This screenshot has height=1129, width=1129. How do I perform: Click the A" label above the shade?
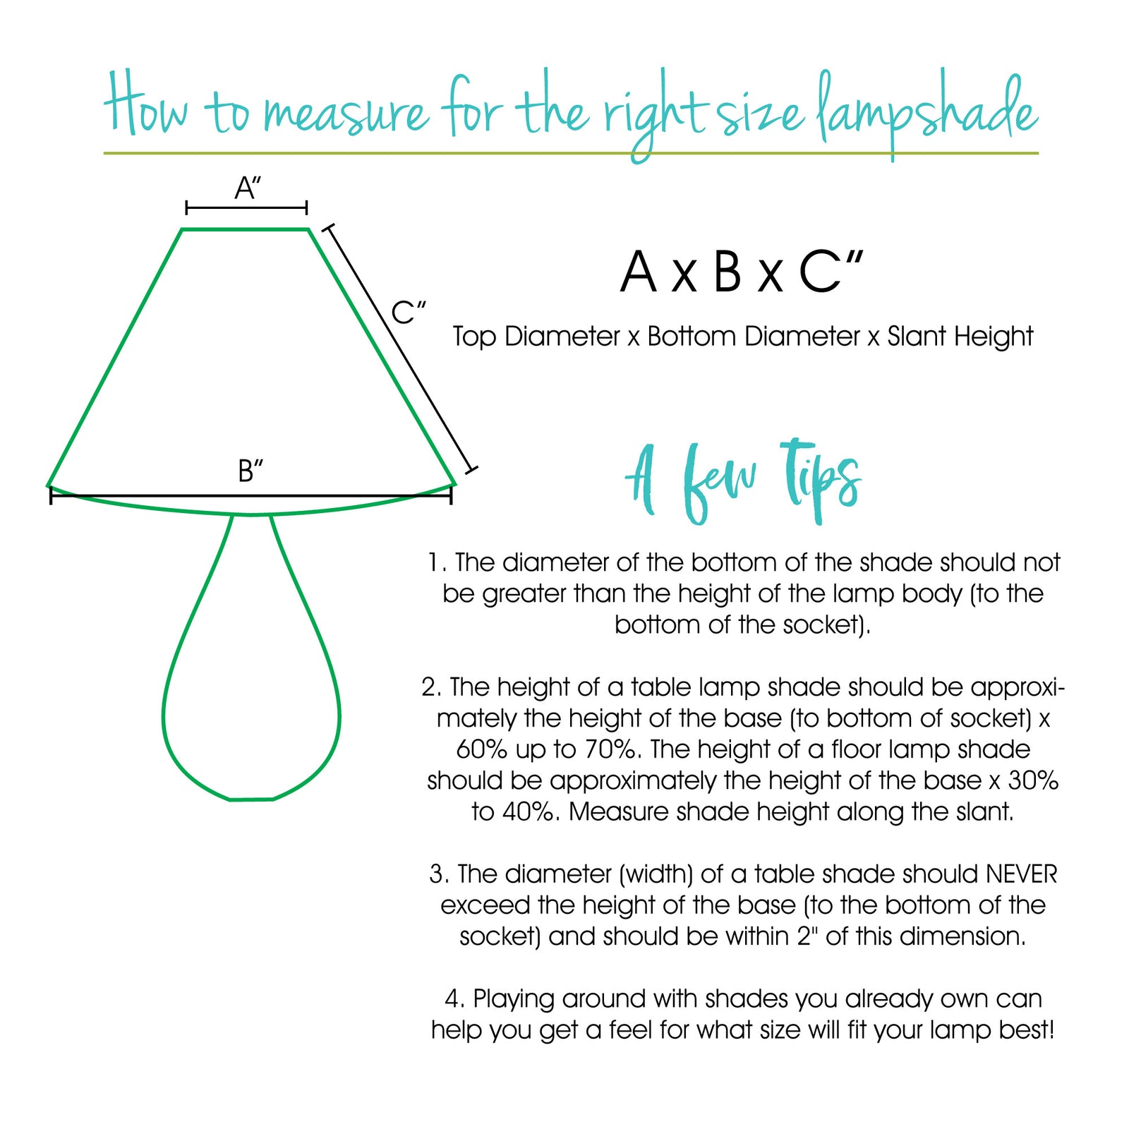(x=248, y=188)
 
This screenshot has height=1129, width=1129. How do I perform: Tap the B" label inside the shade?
(x=250, y=471)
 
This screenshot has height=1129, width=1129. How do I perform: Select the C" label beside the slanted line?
(x=409, y=312)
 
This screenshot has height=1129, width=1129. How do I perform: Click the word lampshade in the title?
(x=926, y=113)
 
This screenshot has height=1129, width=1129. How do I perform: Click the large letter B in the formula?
(x=727, y=272)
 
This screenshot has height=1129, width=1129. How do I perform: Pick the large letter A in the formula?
(x=638, y=272)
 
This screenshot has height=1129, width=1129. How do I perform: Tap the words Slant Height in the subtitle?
(x=960, y=337)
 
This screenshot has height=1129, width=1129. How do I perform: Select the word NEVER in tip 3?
(x=1021, y=874)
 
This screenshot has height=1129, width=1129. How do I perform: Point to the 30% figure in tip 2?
(x=1033, y=780)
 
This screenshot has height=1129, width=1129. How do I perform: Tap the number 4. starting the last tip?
(x=455, y=999)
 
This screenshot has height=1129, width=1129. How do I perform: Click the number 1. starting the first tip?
(x=437, y=562)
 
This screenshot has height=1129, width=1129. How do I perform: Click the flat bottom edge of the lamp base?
(x=251, y=799)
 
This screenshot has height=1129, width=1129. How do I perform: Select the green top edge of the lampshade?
(x=245, y=229)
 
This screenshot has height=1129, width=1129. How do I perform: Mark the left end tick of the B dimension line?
(x=51, y=495)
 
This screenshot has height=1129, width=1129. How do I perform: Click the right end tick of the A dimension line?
(x=306, y=207)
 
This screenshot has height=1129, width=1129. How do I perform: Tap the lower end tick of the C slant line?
(x=472, y=469)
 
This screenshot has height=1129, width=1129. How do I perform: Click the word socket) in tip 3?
(x=500, y=936)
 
